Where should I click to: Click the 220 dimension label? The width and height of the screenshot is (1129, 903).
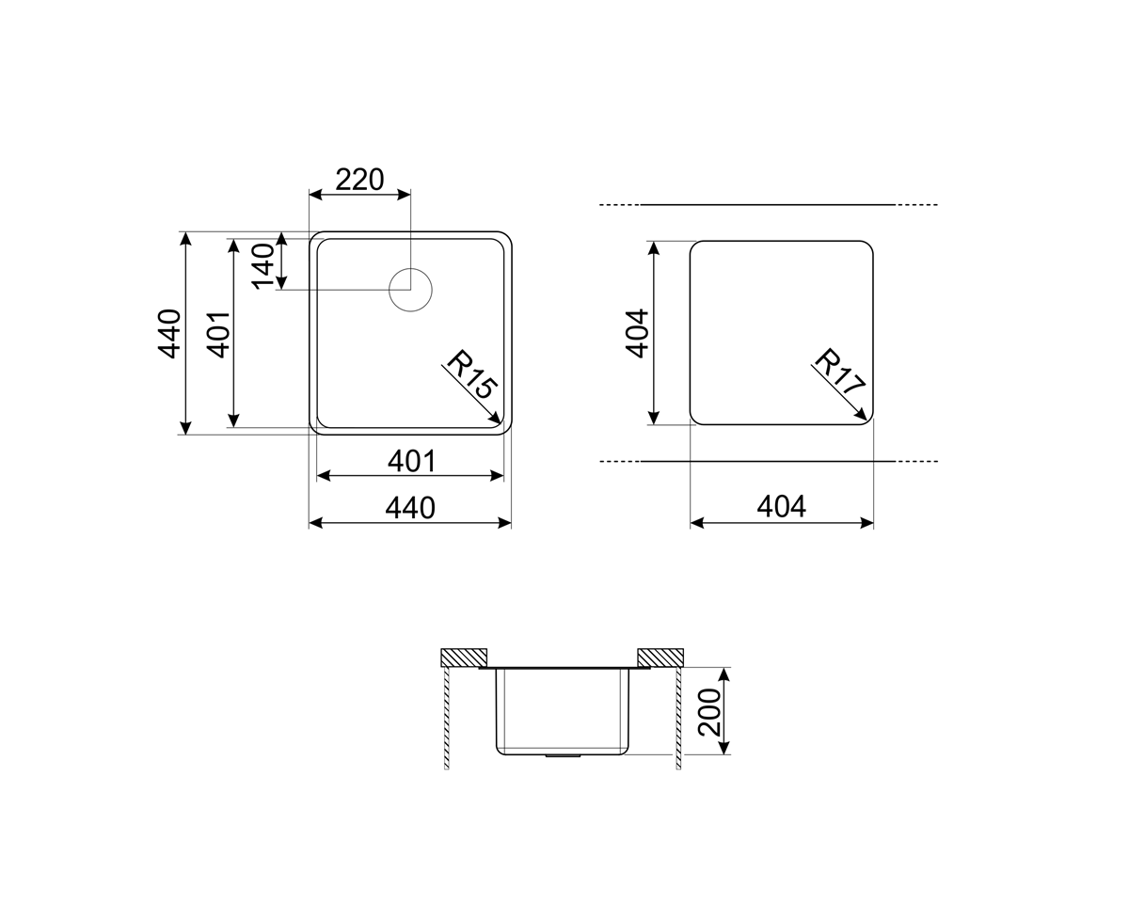click(x=359, y=180)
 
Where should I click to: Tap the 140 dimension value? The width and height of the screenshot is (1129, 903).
click(x=263, y=266)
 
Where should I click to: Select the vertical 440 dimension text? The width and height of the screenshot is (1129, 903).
click(x=169, y=334)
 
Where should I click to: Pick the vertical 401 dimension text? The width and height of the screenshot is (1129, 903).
click(x=219, y=335)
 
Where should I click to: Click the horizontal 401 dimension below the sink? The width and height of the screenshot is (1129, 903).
click(x=411, y=461)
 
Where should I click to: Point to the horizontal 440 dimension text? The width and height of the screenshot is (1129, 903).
click(x=410, y=508)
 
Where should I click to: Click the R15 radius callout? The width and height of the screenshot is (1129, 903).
click(x=471, y=374)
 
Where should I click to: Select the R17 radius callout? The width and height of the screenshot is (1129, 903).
click(x=838, y=372)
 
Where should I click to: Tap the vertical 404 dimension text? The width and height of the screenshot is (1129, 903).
click(x=638, y=334)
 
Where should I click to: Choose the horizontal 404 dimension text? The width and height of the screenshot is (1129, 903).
click(x=781, y=507)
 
